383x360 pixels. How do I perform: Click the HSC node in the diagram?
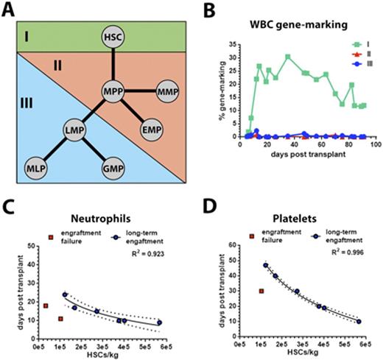pos(113,36)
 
